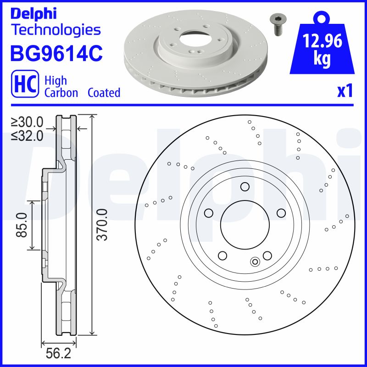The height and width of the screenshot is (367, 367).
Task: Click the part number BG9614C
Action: pyautogui.click(x=56, y=54)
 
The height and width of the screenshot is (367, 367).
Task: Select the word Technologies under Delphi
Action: pyautogui.click(x=55, y=30)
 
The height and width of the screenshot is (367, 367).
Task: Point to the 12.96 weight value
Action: pyautogui.click(x=323, y=42)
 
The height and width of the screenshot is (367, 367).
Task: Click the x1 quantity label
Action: pyautogui.click(x=345, y=91)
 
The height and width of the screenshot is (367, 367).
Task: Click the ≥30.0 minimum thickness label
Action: pyautogui.click(x=28, y=122)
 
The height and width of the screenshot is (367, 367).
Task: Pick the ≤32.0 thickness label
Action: pyautogui.click(x=28, y=135)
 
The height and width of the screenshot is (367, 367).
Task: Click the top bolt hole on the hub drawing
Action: pyautogui.click(x=245, y=187)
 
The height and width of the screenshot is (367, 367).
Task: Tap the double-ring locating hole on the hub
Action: pyautogui.click(x=255, y=261)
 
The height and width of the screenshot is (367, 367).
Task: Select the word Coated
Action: pyautogui.click(x=104, y=93)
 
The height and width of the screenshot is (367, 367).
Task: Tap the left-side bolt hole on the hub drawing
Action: pyautogui.click(x=208, y=213)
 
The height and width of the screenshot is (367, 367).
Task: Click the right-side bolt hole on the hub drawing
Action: pyautogui.click(x=281, y=213)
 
